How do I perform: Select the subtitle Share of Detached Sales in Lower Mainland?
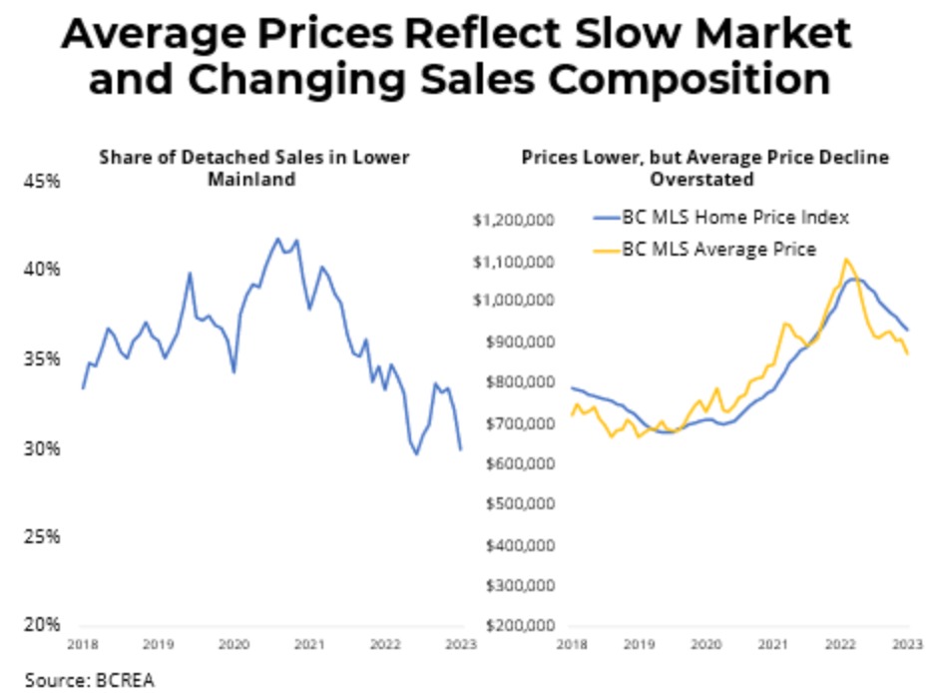[x=252, y=168]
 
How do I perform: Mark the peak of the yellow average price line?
[x=846, y=259]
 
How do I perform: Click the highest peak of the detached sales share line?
[x=278, y=239]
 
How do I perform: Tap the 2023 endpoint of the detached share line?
[x=460, y=449]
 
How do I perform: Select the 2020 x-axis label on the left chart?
[x=233, y=645]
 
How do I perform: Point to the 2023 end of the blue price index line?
[x=907, y=330]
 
